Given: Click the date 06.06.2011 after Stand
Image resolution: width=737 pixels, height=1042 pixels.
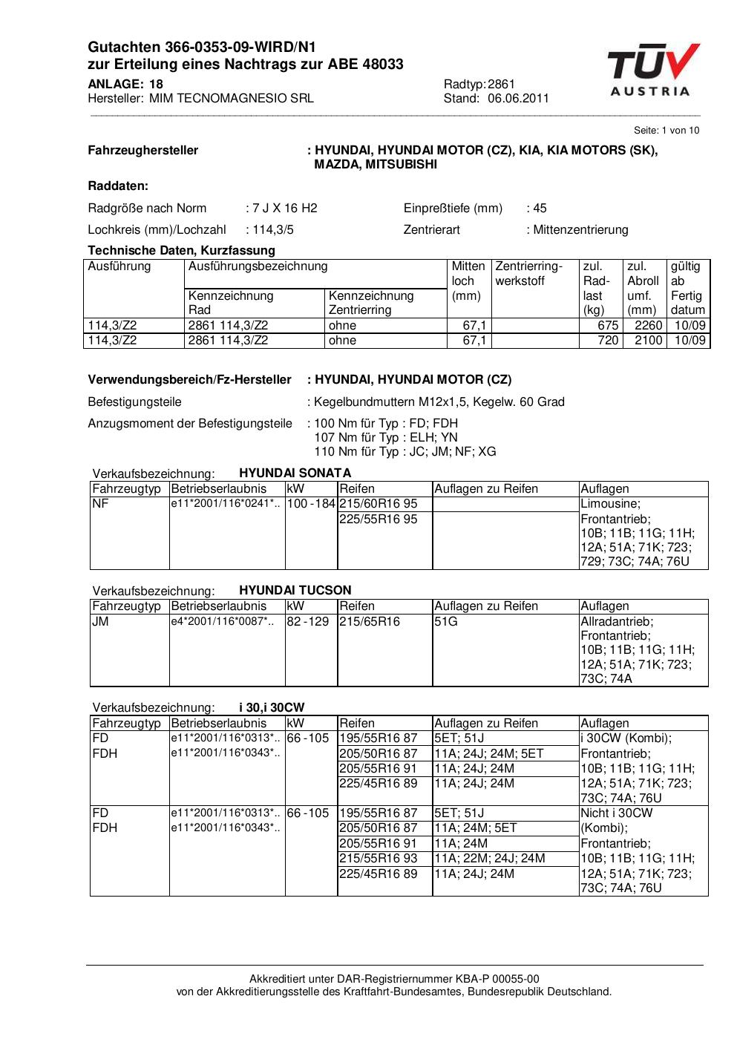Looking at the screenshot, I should click(x=518, y=98).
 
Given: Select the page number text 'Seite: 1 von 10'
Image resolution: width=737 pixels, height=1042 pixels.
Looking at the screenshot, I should click(x=666, y=131).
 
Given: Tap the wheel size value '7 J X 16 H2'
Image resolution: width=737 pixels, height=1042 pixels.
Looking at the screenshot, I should click(x=285, y=208).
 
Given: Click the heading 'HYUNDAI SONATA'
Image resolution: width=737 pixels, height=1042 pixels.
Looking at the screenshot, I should click(x=295, y=473).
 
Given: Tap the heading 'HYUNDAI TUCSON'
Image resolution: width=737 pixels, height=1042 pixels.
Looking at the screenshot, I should click(x=295, y=590).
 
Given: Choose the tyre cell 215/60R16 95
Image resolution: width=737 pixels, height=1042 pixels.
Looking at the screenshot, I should click(x=379, y=504).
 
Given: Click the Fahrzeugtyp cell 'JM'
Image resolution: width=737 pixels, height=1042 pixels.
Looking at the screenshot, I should click(x=100, y=621).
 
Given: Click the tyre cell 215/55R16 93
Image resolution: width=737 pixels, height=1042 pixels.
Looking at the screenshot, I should click(x=379, y=858).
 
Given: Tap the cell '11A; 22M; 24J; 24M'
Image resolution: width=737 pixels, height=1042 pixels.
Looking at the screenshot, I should click(x=490, y=858).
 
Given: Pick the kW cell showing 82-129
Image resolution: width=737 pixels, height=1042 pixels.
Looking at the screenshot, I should click(x=308, y=621).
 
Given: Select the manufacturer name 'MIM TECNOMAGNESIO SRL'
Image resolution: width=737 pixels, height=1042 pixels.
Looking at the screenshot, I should click(x=232, y=98).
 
